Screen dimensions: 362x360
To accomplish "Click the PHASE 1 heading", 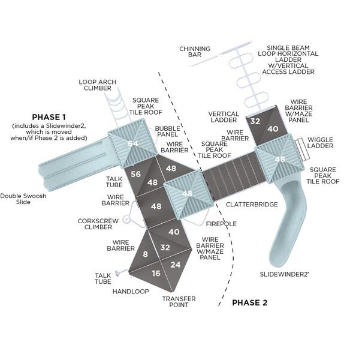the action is click(x=49, y=117).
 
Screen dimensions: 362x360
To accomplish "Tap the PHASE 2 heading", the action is click(x=249, y=302).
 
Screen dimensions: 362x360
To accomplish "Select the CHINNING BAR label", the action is click(x=195, y=52).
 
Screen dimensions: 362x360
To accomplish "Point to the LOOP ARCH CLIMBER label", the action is click(x=98, y=85).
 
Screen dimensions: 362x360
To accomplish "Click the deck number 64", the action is click(x=133, y=143).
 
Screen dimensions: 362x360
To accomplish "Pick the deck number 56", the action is click(x=135, y=174).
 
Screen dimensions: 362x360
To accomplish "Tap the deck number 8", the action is click(x=145, y=254).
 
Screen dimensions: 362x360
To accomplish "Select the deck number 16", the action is click(x=156, y=274).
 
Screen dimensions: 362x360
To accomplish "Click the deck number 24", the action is click(x=176, y=265).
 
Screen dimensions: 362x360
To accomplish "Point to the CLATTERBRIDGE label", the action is click(x=252, y=205).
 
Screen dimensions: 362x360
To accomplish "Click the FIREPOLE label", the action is click(x=221, y=224).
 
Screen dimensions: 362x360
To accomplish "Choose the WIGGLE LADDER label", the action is click(x=320, y=143).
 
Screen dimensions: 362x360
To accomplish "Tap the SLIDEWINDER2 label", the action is click(x=284, y=274).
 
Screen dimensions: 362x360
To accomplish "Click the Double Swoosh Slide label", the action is click(x=23, y=199).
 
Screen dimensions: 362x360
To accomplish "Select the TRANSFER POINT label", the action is click(x=179, y=302).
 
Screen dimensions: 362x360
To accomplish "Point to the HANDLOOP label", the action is click(x=131, y=292).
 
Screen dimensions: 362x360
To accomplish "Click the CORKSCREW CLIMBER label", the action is click(x=98, y=224).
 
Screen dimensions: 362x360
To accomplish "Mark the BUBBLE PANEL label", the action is click(x=167, y=131).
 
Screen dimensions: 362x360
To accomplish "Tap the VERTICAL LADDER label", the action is click(x=224, y=117).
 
